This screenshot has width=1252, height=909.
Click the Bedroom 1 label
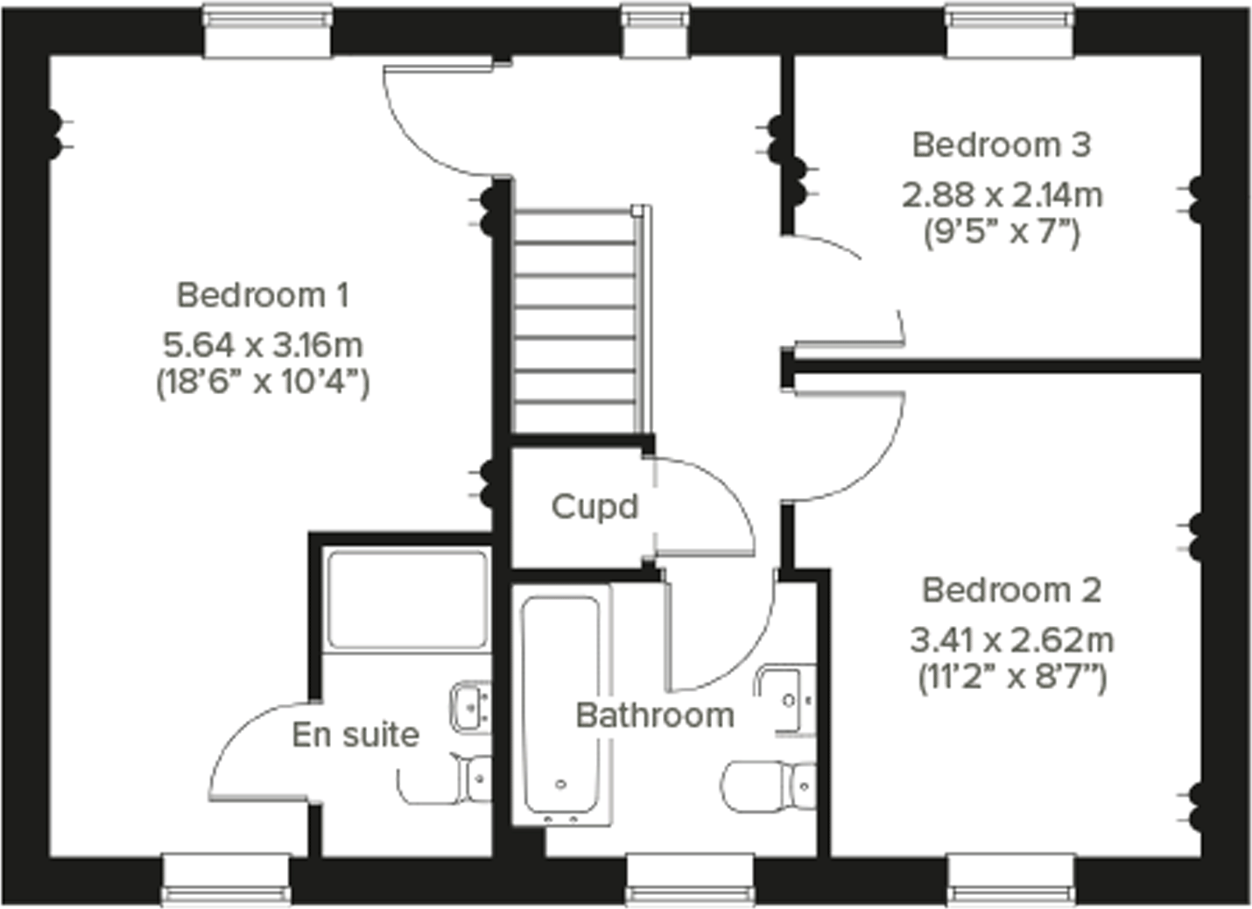(x=263, y=296)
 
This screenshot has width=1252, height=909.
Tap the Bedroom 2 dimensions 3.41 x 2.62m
(x=1011, y=640)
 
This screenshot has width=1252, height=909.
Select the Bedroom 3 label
(x=1002, y=145)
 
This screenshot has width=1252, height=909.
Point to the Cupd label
(x=594, y=507)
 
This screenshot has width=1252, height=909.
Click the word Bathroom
(x=655, y=716)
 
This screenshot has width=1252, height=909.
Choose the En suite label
(x=355, y=735)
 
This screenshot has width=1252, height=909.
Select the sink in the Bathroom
(x=789, y=700)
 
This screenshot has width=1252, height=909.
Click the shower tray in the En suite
(x=407, y=600)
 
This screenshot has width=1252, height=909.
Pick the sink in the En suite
(x=471, y=706)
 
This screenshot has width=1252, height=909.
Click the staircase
(x=578, y=320)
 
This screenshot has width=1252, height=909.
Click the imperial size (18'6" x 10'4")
(x=263, y=383)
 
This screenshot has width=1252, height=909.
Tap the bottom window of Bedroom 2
(x=1010, y=879)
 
